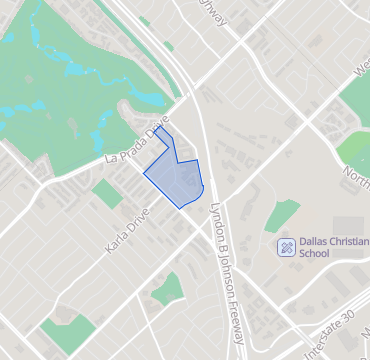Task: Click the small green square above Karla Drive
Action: pos(106,193)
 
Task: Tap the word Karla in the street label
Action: pos(116,239)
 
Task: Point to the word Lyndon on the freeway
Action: pos(216,216)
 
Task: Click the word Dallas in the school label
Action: pos(317,242)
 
